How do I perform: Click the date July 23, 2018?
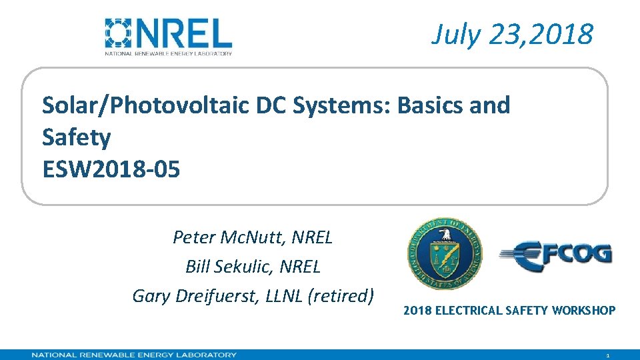[512, 34]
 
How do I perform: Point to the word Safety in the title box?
[76, 138]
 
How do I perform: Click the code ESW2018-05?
[111, 170]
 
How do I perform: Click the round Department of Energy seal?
[445, 255]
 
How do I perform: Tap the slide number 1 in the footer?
[607, 356]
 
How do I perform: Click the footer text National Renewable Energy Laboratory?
[133, 355]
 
